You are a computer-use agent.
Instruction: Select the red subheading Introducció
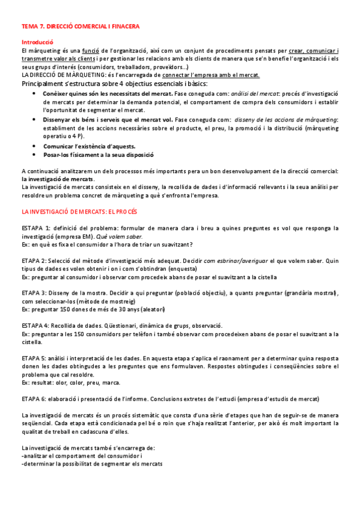[37, 43]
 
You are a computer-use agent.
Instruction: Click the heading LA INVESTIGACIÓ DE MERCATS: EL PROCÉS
[79, 212]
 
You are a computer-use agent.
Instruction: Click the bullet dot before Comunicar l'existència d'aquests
[33, 146]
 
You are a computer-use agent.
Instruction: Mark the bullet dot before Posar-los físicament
[33, 155]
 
